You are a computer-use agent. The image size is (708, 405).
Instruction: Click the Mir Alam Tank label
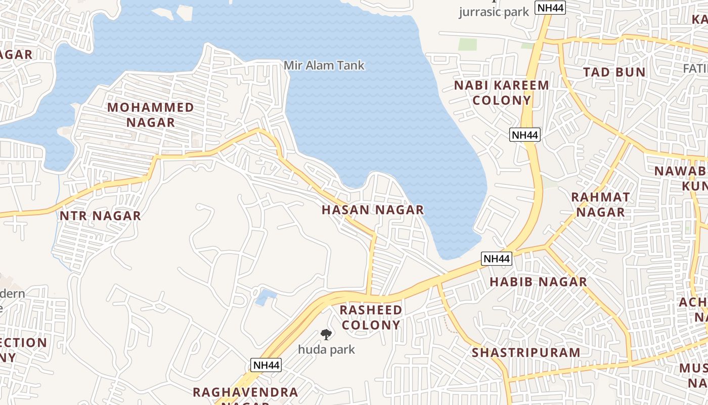(x=324, y=65)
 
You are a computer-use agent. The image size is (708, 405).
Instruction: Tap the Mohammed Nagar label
(x=151, y=115)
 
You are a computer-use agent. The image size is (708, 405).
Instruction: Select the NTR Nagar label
(x=100, y=216)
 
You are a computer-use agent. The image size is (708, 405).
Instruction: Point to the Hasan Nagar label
(x=373, y=210)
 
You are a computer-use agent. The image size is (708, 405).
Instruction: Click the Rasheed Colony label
(x=371, y=317)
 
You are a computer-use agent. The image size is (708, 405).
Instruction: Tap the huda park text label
(x=326, y=349)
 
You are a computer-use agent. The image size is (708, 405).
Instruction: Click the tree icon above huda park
(x=326, y=334)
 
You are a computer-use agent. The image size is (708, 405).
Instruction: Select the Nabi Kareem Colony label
(x=501, y=93)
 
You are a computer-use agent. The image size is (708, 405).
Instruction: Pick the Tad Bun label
(x=614, y=72)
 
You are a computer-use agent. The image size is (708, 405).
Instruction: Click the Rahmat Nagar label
(x=601, y=205)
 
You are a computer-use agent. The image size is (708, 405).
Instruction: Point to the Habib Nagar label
(x=538, y=281)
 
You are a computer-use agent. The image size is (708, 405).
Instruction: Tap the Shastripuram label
(x=526, y=352)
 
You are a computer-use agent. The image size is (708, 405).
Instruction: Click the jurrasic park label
(x=494, y=12)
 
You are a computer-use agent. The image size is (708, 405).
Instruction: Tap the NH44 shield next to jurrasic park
(x=551, y=8)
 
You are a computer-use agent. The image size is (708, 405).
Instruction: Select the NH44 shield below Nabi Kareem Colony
(x=525, y=135)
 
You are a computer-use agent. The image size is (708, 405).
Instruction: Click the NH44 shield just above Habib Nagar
(x=497, y=259)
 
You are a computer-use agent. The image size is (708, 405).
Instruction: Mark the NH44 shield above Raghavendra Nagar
(x=265, y=365)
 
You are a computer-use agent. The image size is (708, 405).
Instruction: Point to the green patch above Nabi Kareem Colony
(x=467, y=44)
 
